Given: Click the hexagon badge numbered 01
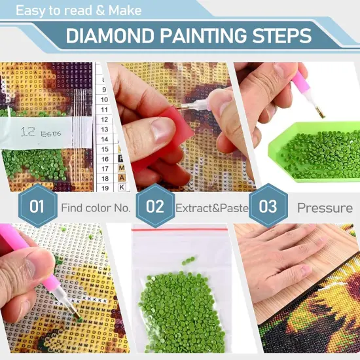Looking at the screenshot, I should tap(37, 207).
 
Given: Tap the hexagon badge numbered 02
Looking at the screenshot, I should tap(155, 207).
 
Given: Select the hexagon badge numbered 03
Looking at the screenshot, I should tap(268, 207).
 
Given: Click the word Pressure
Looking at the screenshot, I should tap(325, 207).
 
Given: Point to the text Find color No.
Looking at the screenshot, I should tap(96, 207).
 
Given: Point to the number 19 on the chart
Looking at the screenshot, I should tap(104, 187).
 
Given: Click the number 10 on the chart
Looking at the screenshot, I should tap(103, 100).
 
